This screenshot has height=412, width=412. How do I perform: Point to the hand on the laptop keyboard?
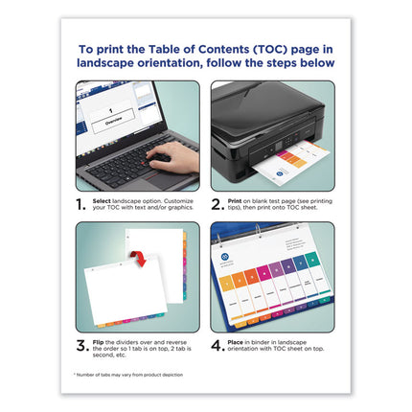[x=172, y=157]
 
